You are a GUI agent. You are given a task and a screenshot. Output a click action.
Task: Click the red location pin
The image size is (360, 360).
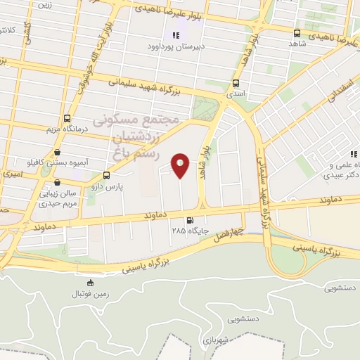pos(181,165)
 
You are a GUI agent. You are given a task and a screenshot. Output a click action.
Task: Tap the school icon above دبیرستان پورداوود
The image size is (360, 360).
pos(175,36)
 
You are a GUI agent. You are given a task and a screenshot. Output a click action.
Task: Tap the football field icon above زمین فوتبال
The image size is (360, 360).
pos(89,283)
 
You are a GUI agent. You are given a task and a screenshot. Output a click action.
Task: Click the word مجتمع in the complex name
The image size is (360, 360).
pos(161,122)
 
